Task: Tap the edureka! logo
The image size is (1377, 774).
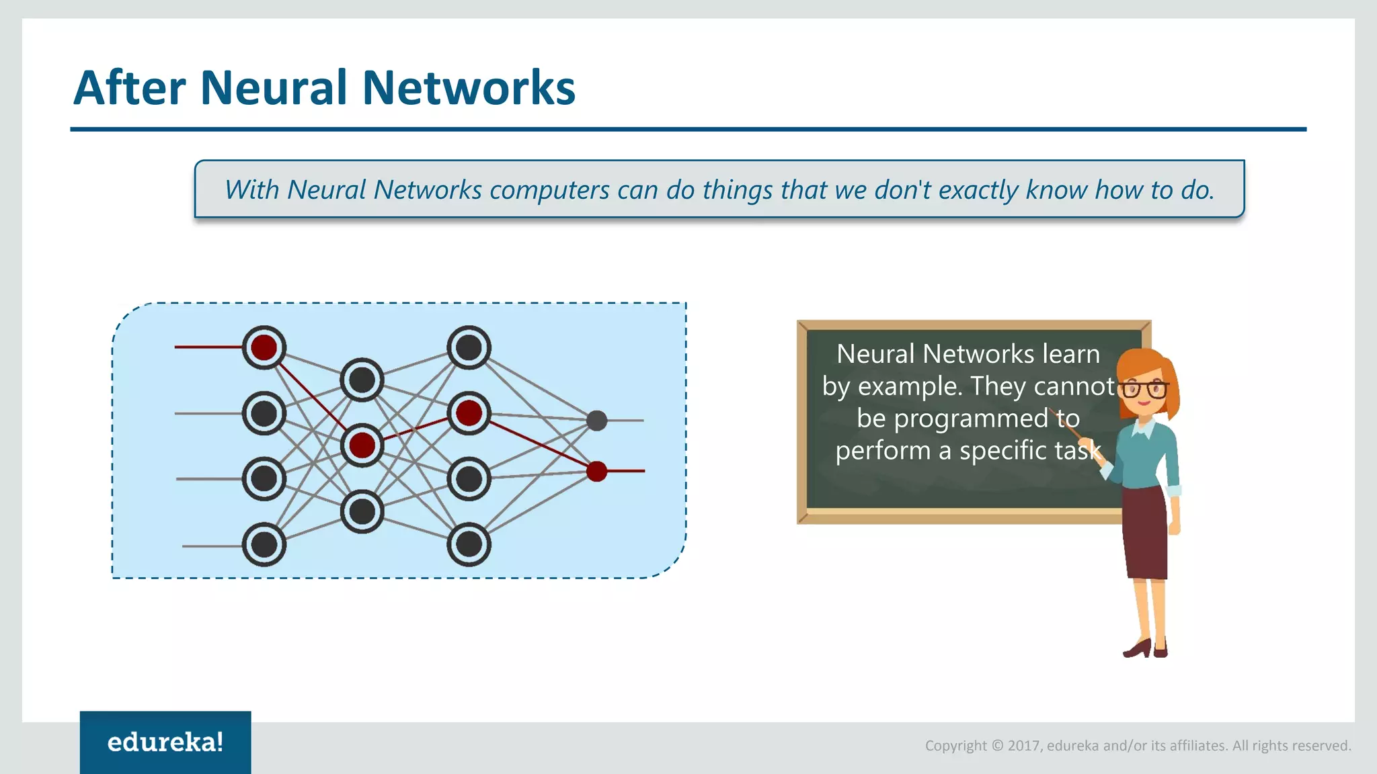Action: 165,742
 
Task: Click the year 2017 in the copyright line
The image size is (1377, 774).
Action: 1024,745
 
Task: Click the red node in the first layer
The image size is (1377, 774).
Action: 264,347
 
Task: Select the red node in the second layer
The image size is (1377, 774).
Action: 362,445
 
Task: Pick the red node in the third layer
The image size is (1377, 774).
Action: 469,413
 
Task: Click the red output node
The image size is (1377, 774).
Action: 596,471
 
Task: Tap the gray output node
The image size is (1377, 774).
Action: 596,421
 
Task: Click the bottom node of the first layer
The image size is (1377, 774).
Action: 264,544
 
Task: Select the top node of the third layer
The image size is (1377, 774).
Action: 469,347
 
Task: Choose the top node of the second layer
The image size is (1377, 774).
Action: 362,380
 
